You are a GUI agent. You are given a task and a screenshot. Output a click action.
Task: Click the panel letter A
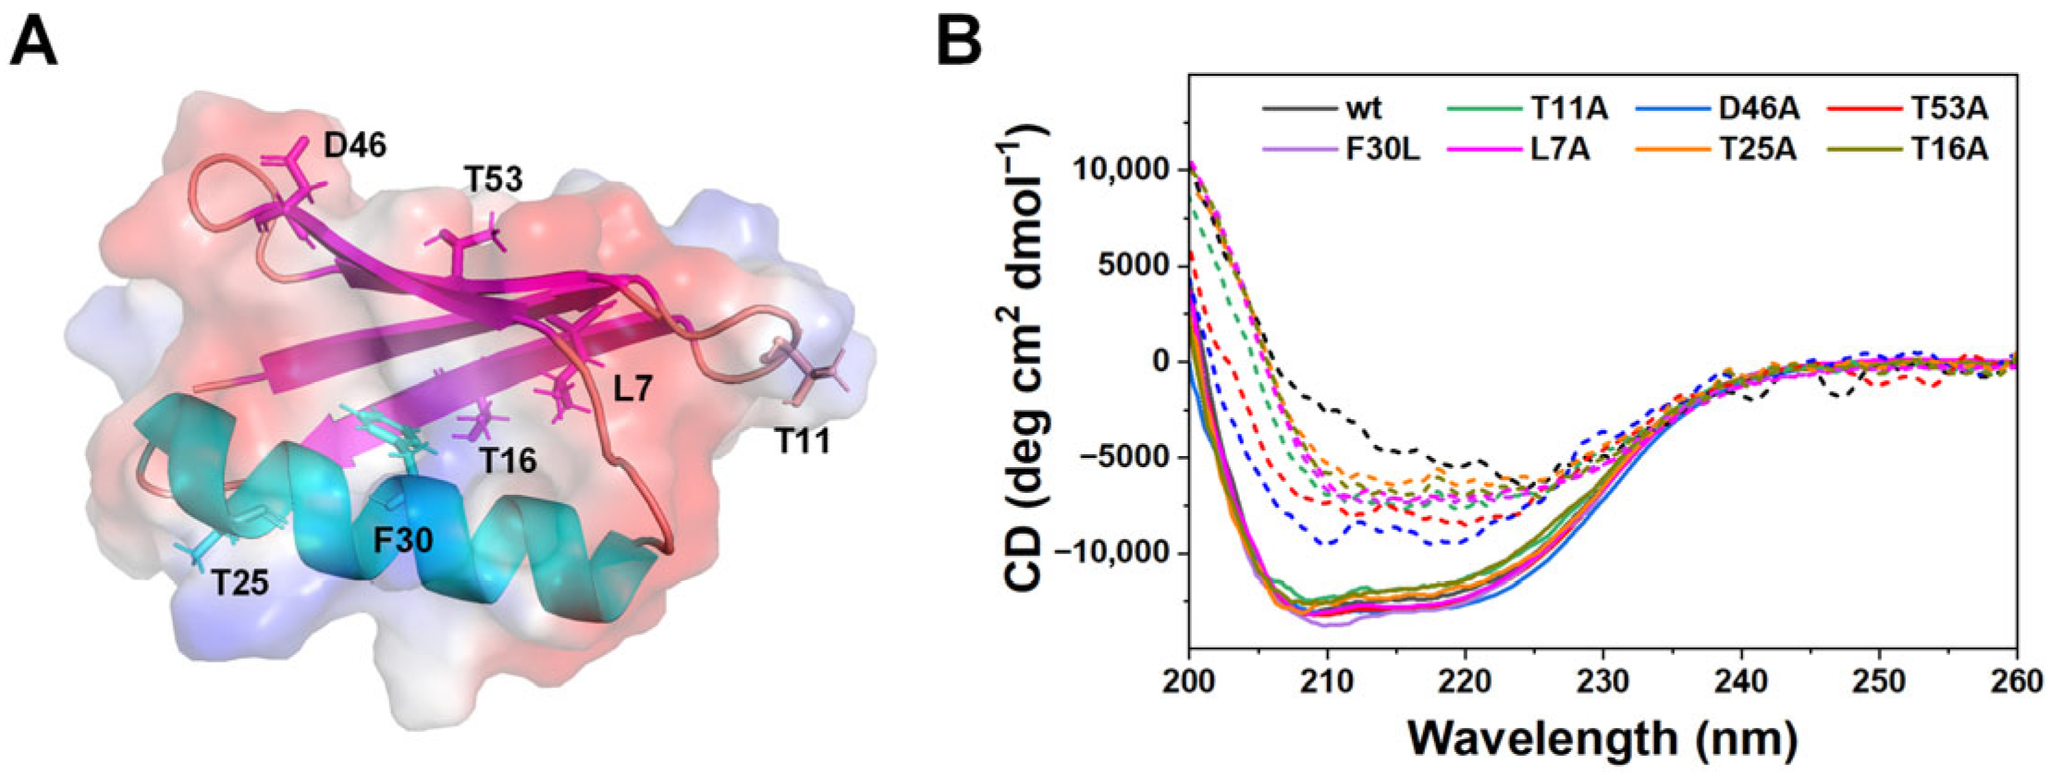pos(33,43)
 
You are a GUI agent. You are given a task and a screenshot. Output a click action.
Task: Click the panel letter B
pos(959,43)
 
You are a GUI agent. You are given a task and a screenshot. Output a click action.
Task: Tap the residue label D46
pos(355,145)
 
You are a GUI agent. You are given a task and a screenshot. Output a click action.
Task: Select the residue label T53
pos(494,179)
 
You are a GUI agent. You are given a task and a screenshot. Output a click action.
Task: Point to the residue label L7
pos(633,388)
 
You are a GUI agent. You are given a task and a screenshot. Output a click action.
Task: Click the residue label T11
pos(802,442)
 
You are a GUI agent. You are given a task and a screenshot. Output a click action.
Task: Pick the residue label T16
pos(508,460)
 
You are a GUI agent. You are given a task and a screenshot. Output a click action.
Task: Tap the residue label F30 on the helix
pos(403,539)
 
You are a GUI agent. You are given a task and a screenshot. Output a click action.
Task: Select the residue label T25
pos(239,583)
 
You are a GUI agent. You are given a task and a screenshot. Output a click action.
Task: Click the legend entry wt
pos(1363,109)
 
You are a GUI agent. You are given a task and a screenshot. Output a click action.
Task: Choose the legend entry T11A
pos(1569,109)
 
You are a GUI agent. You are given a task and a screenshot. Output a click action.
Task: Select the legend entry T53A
pos(1949,109)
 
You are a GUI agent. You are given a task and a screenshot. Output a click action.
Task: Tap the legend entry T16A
pos(1949,149)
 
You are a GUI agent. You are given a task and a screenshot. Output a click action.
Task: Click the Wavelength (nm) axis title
pos(1603,739)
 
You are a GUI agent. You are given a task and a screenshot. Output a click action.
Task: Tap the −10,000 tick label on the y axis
pos(1106,552)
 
